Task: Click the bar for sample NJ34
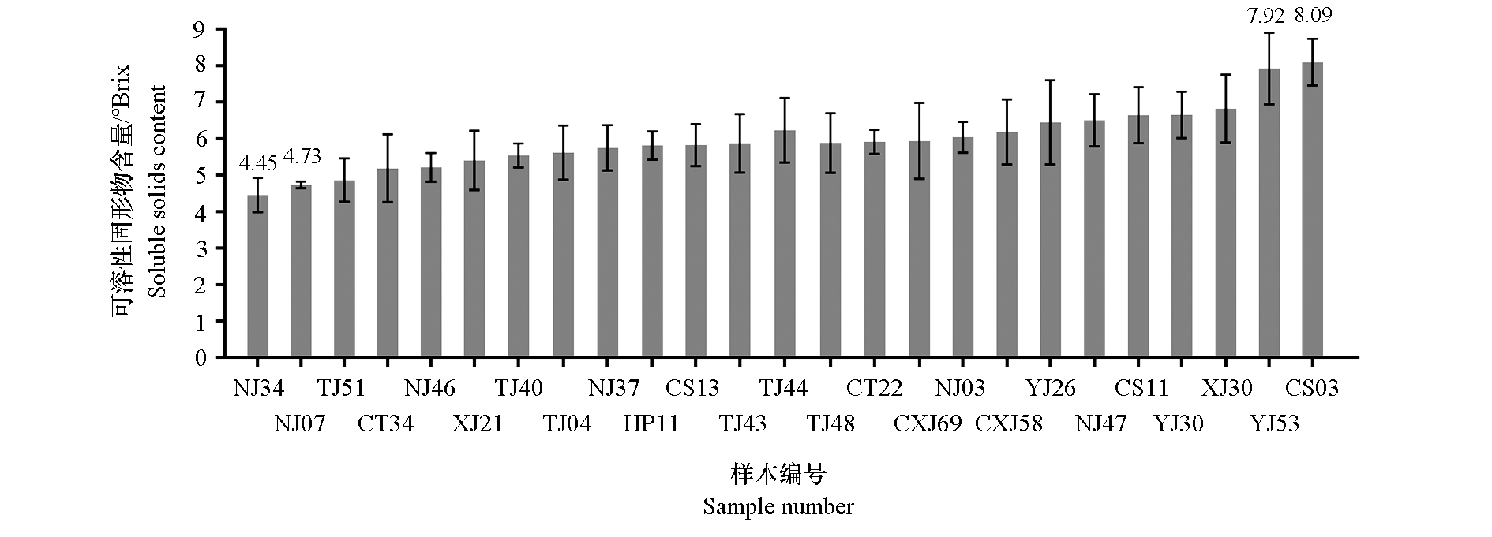pyautogui.click(x=258, y=276)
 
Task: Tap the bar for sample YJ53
pyautogui.click(x=1269, y=213)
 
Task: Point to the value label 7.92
pyautogui.click(x=1265, y=14)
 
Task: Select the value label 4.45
pyautogui.click(x=258, y=164)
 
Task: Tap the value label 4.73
pyautogui.click(x=302, y=156)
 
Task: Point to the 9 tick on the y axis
pyautogui.click(x=199, y=30)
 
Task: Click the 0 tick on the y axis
pyautogui.click(x=199, y=358)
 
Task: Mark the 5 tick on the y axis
pyautogui.click(x=199, y=176)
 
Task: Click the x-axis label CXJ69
pyautogui.click(x=927, y=423)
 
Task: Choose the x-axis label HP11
pyautogui.click(x=651, y=423)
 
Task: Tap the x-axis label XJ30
pyautogui.click(x=1226, y=388)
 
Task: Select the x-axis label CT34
pyautogui.click(x=385, y=423)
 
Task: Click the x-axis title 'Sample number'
pyautogui.click(x=778, y=506)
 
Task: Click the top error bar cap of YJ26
pyautogui.click(x=1050, y=80)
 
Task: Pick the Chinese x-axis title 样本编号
pyautogui.click(x=778, y=475)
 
